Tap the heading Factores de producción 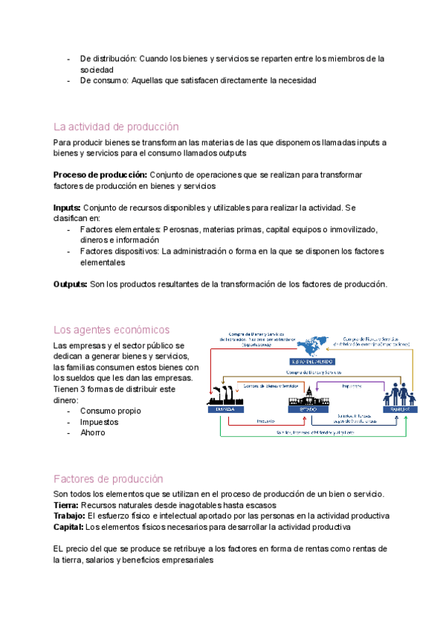[x=109, y=478]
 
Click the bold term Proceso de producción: [x=100, y=175]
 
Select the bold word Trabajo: [x=70, y=516]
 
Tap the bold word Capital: [x=68, y=527]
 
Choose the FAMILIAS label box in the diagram [x=400, y=409]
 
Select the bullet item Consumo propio [x=110, y=411]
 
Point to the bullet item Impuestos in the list [x=101, y=422]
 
